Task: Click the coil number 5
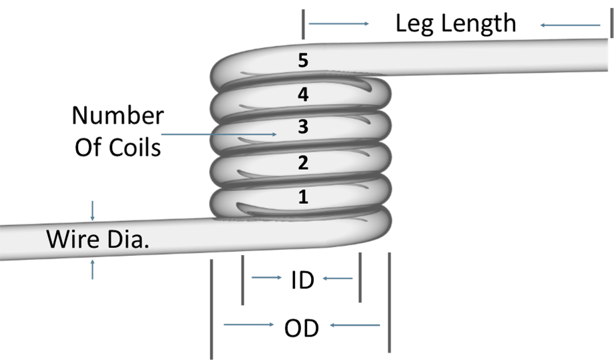click(x=303, y=61)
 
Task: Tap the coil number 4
click(x=303, y=95)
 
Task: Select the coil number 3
click(x=303, y=127)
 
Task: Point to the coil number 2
click(x=303, y=162)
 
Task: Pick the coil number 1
click(x=303, y=196)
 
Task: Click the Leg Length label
click(x=455, y=24)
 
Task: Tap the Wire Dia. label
click(x=97, y=239)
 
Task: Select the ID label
click(x=302, y=281)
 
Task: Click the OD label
click(x=302, y=328)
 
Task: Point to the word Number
click(x=118, y=116)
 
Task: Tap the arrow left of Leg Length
click(x=339, y=24)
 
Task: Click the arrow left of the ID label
click(x=267, y=277)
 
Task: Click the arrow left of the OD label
click(x=248, y=325)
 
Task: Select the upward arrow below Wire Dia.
click(x=93, y=269)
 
